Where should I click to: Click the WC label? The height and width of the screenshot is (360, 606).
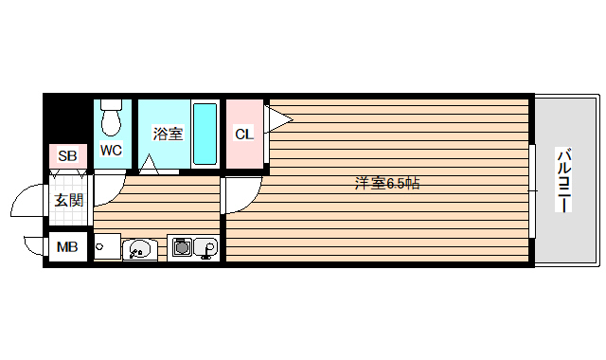(x=111, y=150)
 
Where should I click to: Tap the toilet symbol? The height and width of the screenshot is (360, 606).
(x=111, y=117)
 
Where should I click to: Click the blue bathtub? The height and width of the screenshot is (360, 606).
(x=205, y=133)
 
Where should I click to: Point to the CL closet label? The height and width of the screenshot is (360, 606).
(x=243, y=134)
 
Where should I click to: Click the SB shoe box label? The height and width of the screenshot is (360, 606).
(x=66, y=155)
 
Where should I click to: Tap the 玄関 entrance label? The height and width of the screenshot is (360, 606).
(x=67, y=200)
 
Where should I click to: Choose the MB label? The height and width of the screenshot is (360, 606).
(x=66, y=248)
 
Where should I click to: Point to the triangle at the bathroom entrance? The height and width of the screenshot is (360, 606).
(x=149, y=166)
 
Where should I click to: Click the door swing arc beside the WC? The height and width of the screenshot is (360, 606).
(x=107, y=187)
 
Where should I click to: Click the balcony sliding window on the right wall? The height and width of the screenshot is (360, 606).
(x=533, y=189)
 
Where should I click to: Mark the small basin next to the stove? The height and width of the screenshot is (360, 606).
(x=207, y=248)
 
